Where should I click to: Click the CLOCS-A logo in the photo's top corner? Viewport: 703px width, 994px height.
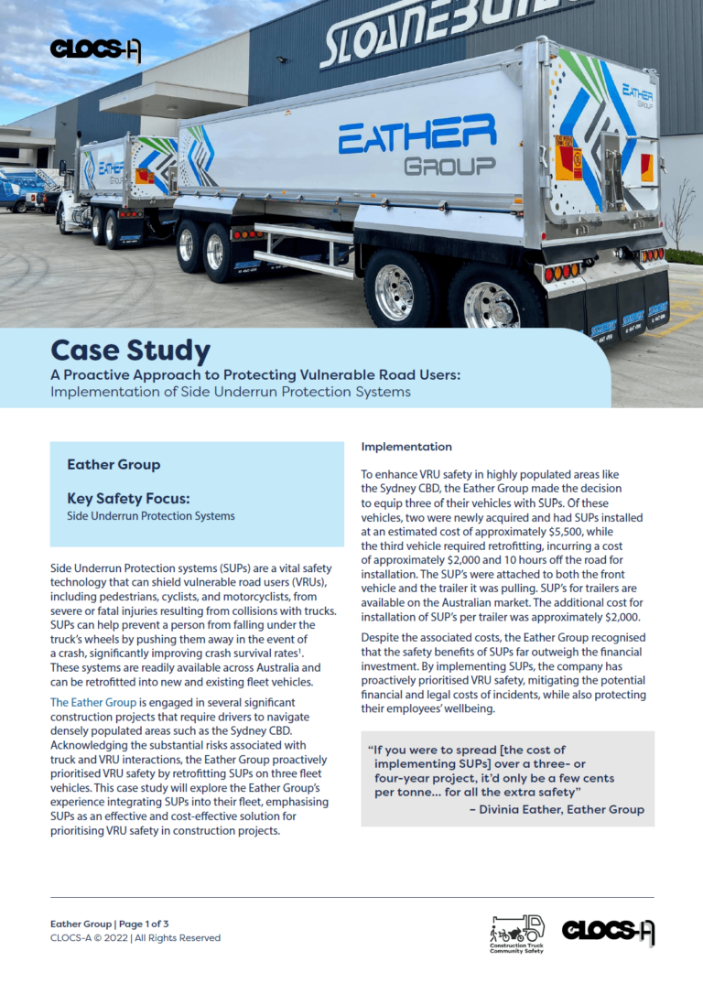(95, 49)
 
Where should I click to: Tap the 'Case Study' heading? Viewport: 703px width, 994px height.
(130, 351)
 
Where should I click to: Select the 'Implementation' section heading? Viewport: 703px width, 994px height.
(406, 447)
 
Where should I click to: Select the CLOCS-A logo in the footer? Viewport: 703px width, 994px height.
(608, 931)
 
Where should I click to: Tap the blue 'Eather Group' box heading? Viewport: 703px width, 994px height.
(114, 465)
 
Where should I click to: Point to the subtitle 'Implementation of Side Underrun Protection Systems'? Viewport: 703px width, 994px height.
(231, 392)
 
